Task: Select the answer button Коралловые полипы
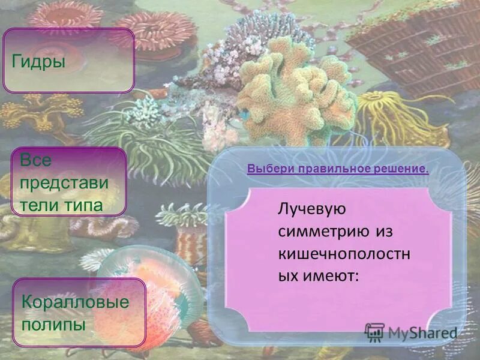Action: [x=79, y=313]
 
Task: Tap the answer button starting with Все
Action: [x=70, y=182]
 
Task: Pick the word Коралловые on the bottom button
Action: [x=76, y=302]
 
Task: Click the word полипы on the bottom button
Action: [x=54, y=325]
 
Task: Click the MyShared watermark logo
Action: [x=410, y=332]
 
